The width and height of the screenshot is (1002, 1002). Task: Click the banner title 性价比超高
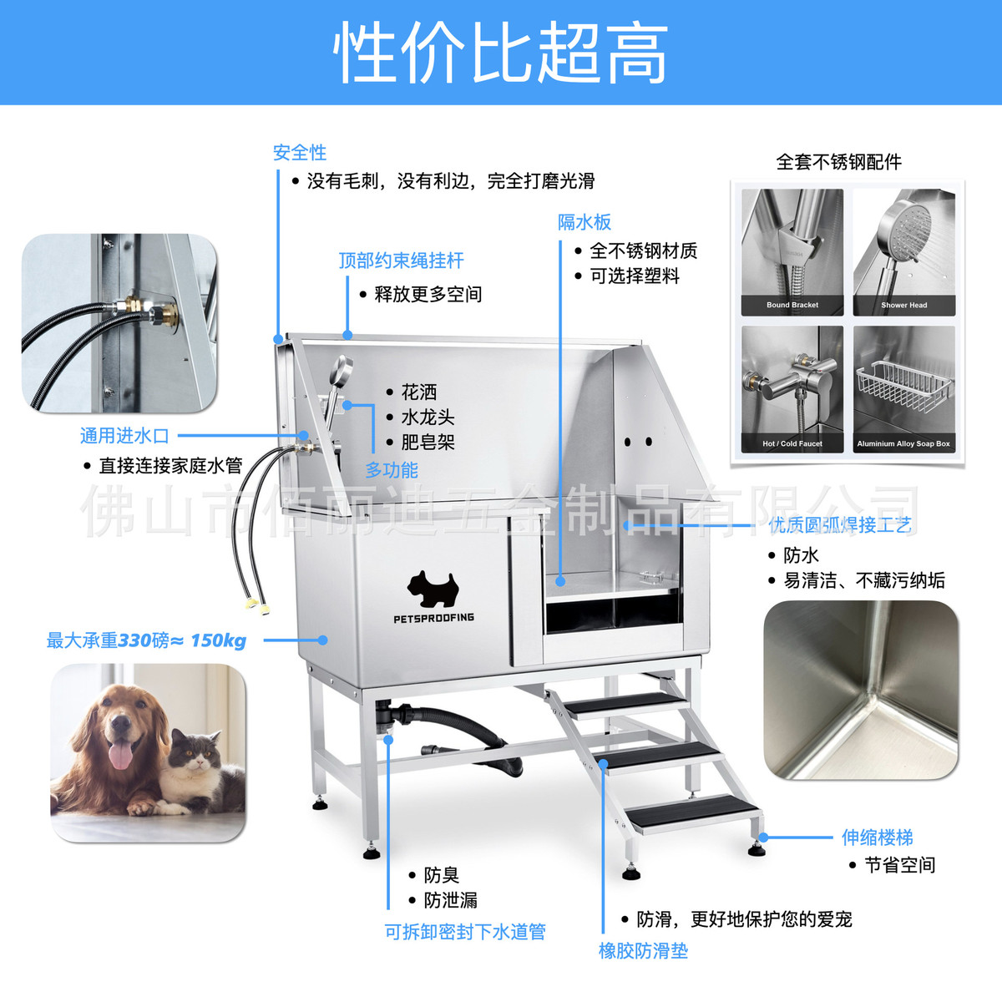[x=501, y=53]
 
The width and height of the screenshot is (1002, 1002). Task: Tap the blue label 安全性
[x=299, y=153]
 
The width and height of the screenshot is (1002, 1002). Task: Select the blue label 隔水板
[x=584, y=222]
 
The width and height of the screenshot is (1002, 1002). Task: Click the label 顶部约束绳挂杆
[x=401, y=261]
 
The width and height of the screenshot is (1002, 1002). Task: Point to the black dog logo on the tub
[x=433, y=588]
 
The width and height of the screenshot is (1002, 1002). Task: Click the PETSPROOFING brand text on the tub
[x=433, y=618]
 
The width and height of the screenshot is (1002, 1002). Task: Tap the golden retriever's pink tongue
[x=122, y=757]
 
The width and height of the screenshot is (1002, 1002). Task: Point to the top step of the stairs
[x=625, y=704]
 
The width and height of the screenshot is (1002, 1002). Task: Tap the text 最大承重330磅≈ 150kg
[x=146, y=640]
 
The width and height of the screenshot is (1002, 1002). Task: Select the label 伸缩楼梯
[x=877, y=838]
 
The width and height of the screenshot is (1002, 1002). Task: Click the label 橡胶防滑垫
[x=643, y=950]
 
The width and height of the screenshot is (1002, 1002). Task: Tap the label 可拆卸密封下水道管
[x=464, y=932]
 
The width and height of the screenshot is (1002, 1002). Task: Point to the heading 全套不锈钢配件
[x=838, y=162]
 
